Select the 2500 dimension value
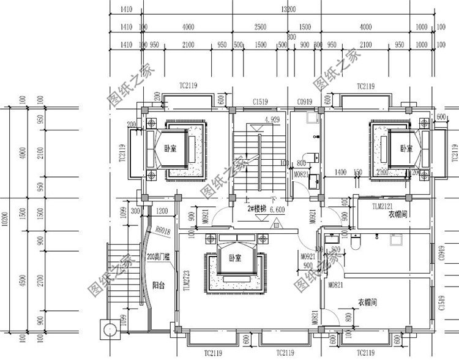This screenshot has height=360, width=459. tap(261, 27)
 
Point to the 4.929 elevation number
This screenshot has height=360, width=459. tap(272, 119)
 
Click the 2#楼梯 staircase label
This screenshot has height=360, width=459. tap(256, 208)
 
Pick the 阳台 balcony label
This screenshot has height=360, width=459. tap(158, 285)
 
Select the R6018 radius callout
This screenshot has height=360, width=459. tap(162, 231)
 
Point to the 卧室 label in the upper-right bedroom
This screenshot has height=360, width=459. tap(406, 148)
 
